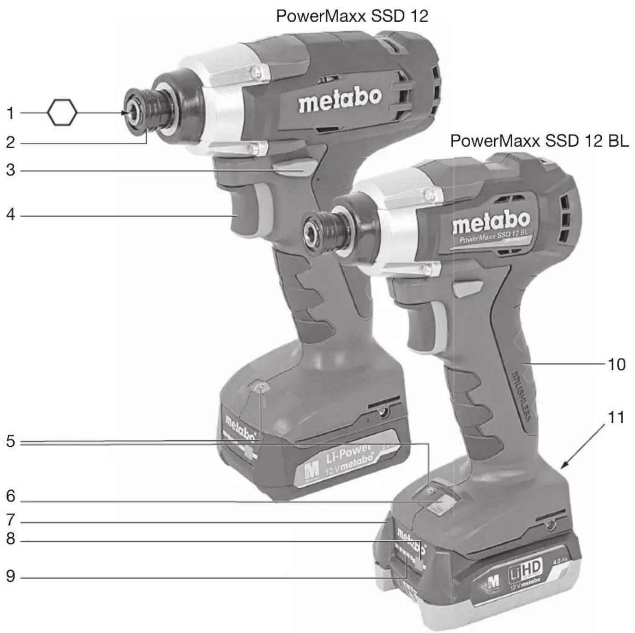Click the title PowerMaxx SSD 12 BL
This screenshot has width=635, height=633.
(x=539, y=141)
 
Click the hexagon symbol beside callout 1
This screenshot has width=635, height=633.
(x=62, y=112)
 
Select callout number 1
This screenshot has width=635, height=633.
(x=10, y=113)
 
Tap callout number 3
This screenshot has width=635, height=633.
(x=10, y=170)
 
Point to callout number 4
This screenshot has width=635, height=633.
(x=10, y=214)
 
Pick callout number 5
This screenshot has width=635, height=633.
(x=10, y=441)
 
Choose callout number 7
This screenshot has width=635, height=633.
(x=10, y=520)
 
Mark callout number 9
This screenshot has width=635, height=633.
(x=10, y=576)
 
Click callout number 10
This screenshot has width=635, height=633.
(x=617, y=364)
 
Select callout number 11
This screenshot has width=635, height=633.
(x=616, y=417)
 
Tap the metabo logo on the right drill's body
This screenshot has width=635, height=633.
(x=491, y=223)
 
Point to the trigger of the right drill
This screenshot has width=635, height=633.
(x=422, y=323)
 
